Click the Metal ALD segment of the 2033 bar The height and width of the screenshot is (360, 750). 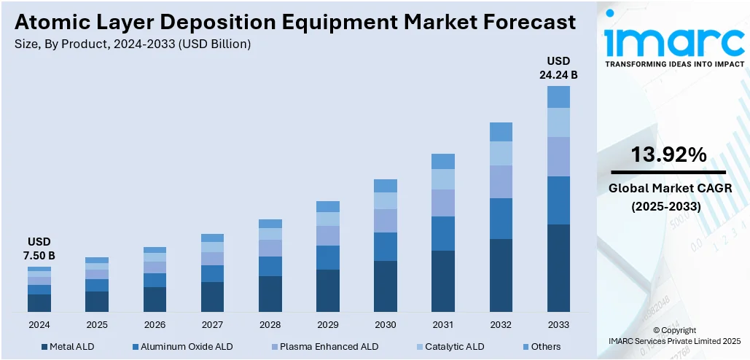coord(558,268)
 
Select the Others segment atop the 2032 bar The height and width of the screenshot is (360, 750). coord(501,131)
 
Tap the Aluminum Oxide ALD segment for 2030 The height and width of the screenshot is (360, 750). coord(386,246)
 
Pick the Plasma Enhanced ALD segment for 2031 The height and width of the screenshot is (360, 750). coord(443,203)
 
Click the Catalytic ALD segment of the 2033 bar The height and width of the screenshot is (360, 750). coord(558,122)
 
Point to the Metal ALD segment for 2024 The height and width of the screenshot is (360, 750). coord(39,303)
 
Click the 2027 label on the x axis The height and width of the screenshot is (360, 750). coord(212,325)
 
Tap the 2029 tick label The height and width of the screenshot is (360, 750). coord(327,325)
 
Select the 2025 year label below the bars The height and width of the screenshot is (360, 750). coord(97,325)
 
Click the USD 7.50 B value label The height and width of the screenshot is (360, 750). coord(40,249)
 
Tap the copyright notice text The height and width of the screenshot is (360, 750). coord(674,335)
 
